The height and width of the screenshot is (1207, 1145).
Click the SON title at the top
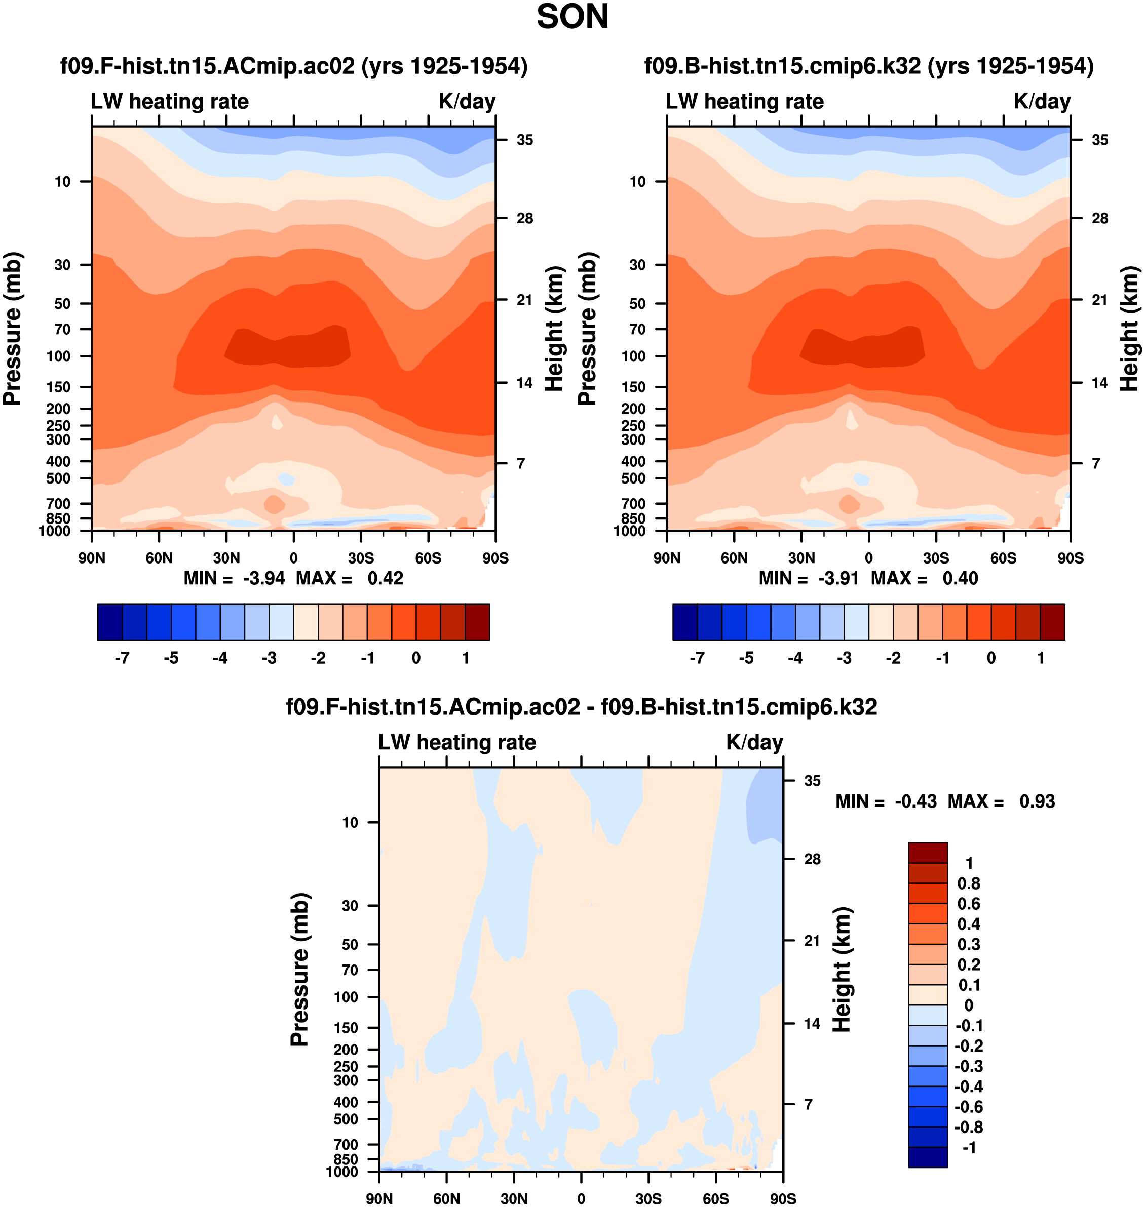572,17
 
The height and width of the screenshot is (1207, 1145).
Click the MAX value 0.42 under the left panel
385,578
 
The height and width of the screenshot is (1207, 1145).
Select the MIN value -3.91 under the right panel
838,578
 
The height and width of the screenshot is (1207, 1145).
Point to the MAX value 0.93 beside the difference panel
1037,801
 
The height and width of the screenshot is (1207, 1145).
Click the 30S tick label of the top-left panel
361,558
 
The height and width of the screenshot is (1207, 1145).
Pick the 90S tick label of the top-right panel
1071,558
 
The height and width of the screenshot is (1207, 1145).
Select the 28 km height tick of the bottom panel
812,859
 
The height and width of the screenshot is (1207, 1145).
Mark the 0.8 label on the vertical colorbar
969,883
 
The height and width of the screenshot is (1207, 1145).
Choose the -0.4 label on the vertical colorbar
969,1086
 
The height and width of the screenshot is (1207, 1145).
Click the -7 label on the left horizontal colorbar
122,658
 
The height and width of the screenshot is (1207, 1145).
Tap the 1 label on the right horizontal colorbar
1041,658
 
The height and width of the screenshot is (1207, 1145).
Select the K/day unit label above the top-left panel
467,101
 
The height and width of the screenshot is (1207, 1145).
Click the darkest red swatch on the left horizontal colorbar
477,622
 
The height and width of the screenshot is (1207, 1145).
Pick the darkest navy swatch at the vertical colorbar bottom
928,1157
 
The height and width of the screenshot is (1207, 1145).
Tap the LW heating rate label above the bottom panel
457,742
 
